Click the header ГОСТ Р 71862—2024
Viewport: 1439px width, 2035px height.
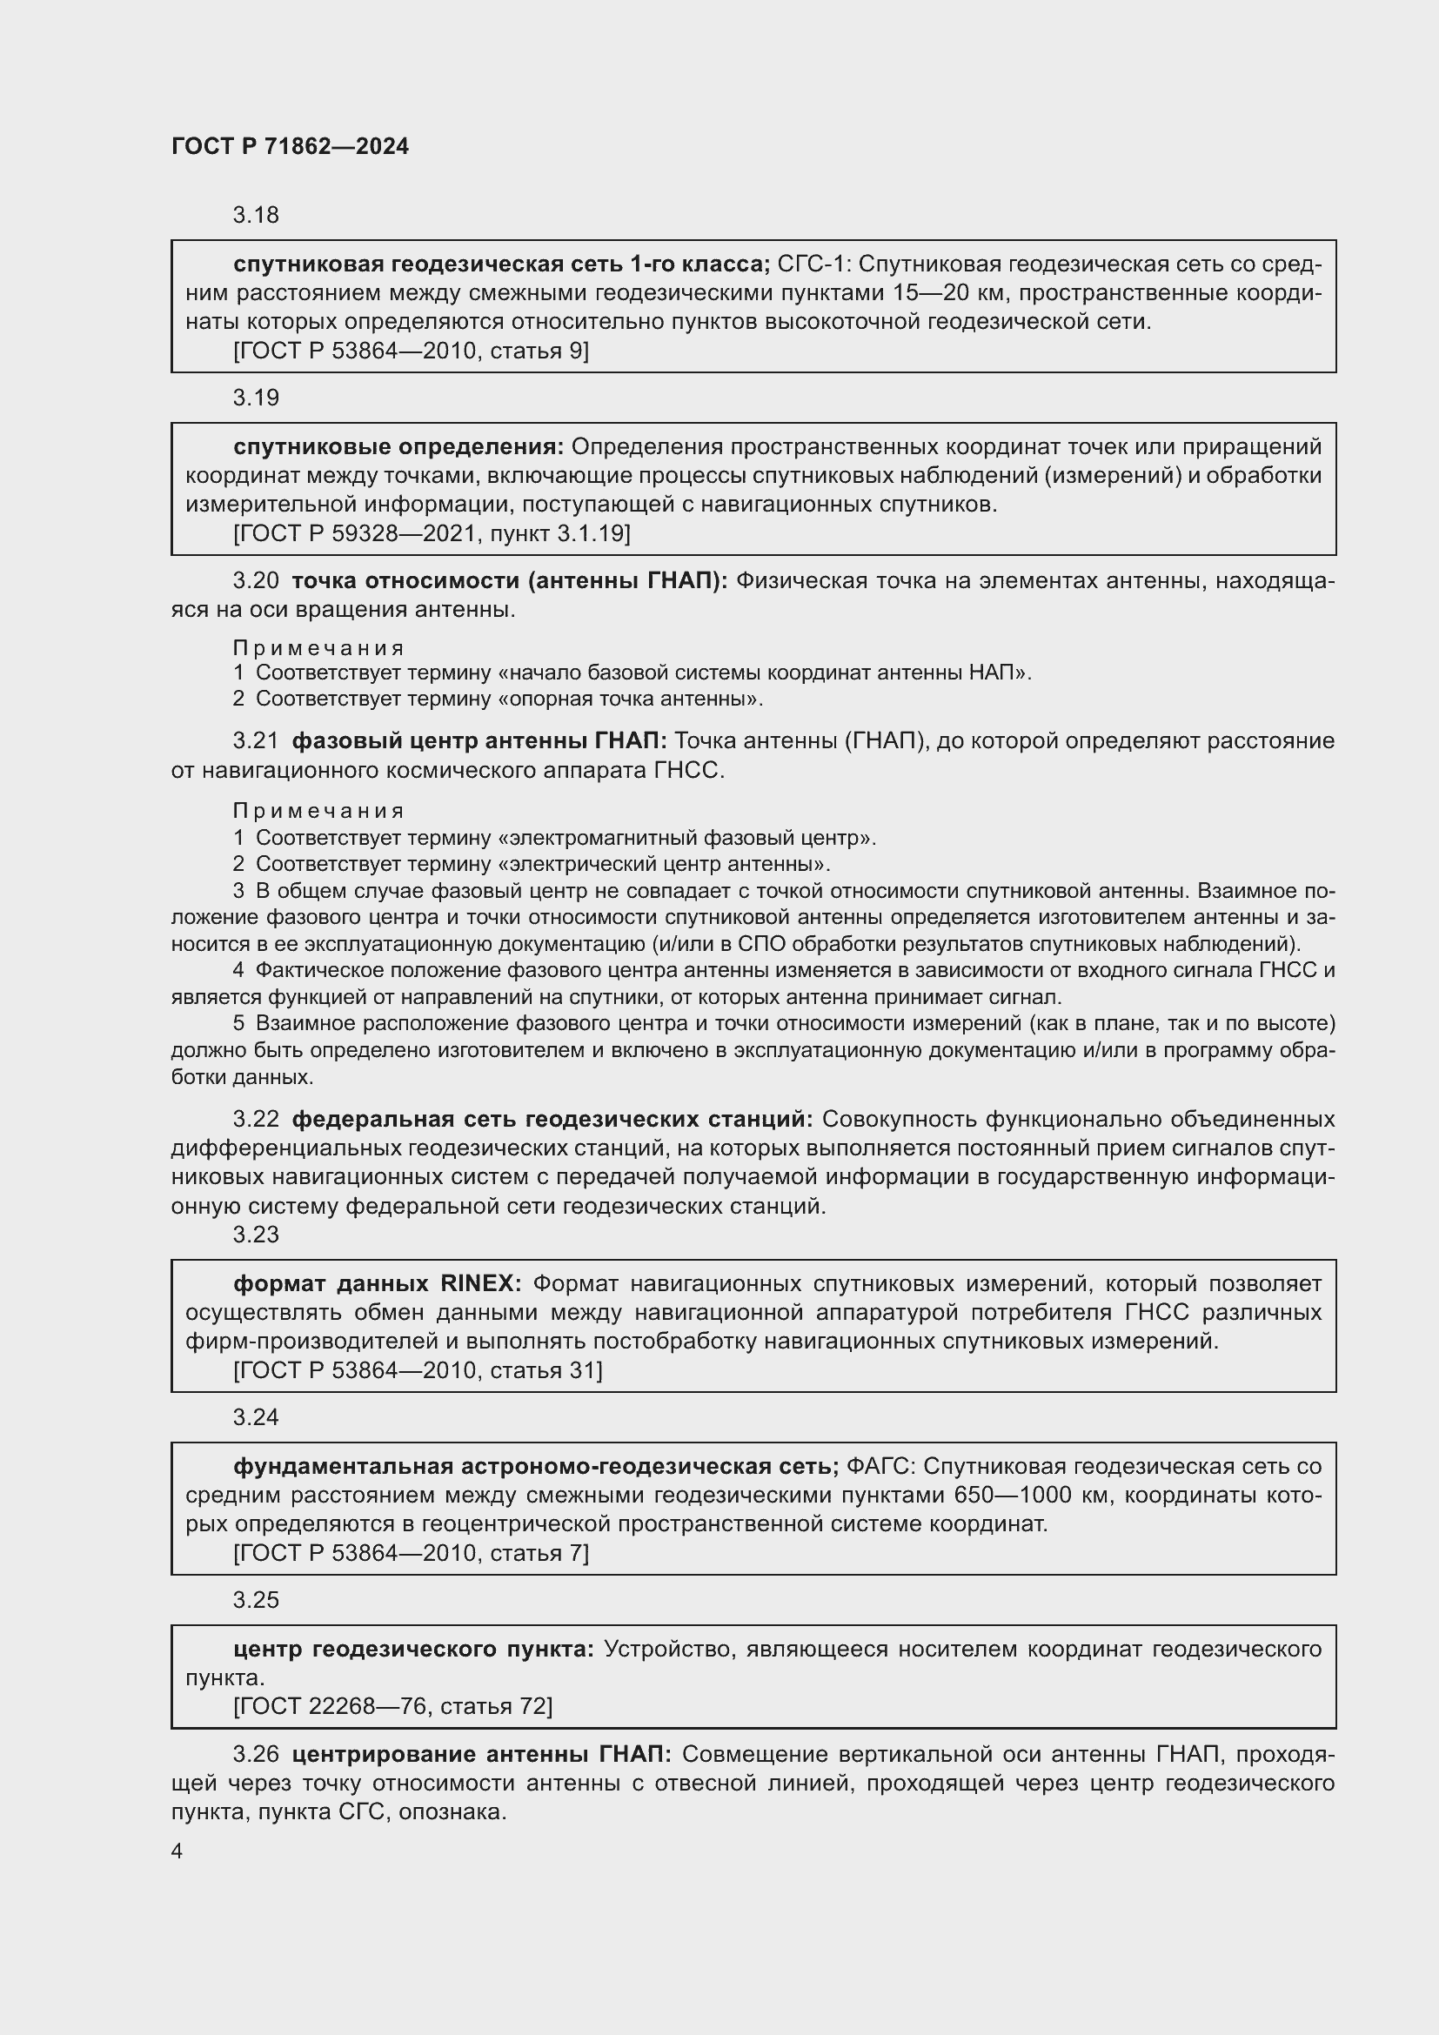[x=290, y=146]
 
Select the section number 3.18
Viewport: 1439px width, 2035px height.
[x=256, y=216]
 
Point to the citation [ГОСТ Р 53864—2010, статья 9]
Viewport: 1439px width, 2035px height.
[x=411, y=351]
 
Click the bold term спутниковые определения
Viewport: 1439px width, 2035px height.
[x=398, y=446]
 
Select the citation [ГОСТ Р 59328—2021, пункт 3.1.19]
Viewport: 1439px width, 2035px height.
[x=432, y=533]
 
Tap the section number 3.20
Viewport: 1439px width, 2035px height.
[x=256, y=580]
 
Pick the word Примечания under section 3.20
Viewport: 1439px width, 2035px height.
[x=319, y=648]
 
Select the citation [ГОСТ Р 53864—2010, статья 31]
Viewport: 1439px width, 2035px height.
[x=418, y=1370]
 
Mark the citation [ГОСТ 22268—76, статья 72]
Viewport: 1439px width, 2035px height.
[x=392, y=1706]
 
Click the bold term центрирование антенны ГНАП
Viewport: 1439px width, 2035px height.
[x=481, y=1754]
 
